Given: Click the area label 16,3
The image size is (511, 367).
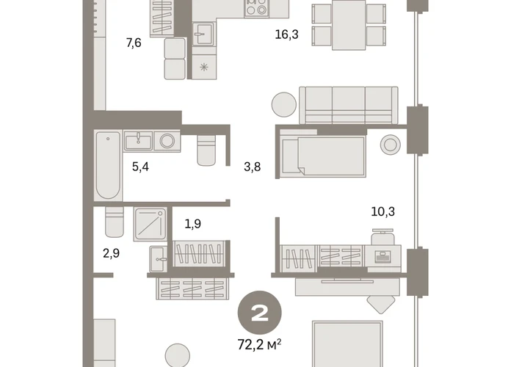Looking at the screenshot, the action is pos(287,34).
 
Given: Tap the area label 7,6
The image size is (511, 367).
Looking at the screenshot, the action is pos(134,43).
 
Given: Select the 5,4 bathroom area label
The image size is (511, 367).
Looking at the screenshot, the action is pos(140,167).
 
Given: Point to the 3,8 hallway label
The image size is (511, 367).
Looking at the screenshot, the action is pos(253,167).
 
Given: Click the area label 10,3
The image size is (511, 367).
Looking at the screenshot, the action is pos(383,212).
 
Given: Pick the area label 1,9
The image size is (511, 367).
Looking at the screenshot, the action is pos(193,224).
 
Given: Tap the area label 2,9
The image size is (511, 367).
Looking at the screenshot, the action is pos(111,253).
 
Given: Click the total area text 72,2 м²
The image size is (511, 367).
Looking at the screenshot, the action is pos(259,344).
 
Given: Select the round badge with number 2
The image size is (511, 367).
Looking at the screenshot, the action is pos(259,313).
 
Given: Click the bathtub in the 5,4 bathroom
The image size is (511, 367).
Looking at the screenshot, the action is pos(108,166).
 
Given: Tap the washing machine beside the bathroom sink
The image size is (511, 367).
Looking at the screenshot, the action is pos(167,141).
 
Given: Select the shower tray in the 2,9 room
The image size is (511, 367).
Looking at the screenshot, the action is pos(150,225).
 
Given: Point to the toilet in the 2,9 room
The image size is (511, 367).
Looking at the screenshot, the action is pos(115,222).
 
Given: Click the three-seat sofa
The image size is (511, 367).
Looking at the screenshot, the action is pos(349,105).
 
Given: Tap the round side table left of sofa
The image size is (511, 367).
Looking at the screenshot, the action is pos(284,105).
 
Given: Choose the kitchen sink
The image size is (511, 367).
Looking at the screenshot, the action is pos(203,34).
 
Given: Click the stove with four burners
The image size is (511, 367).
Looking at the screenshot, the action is pos(256,9).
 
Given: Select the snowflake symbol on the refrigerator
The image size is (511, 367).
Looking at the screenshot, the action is pos(203,68).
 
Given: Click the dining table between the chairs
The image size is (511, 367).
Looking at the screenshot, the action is pos(349,25).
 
